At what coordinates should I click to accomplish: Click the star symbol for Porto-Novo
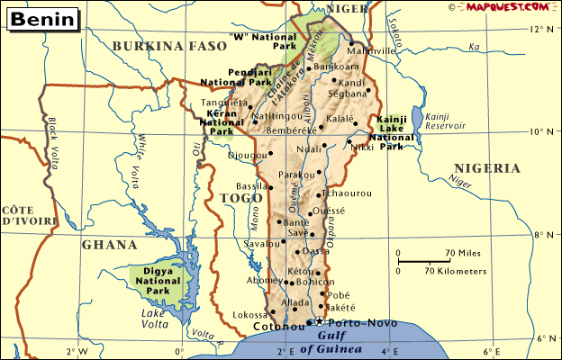[x=318, y=321]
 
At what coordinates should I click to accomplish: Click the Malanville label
[x=371, y=51]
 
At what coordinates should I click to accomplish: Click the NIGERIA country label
[x=487, y=168]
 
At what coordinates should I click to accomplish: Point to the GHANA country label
[x=109, y=245]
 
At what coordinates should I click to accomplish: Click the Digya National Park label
[x=158, y=280]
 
